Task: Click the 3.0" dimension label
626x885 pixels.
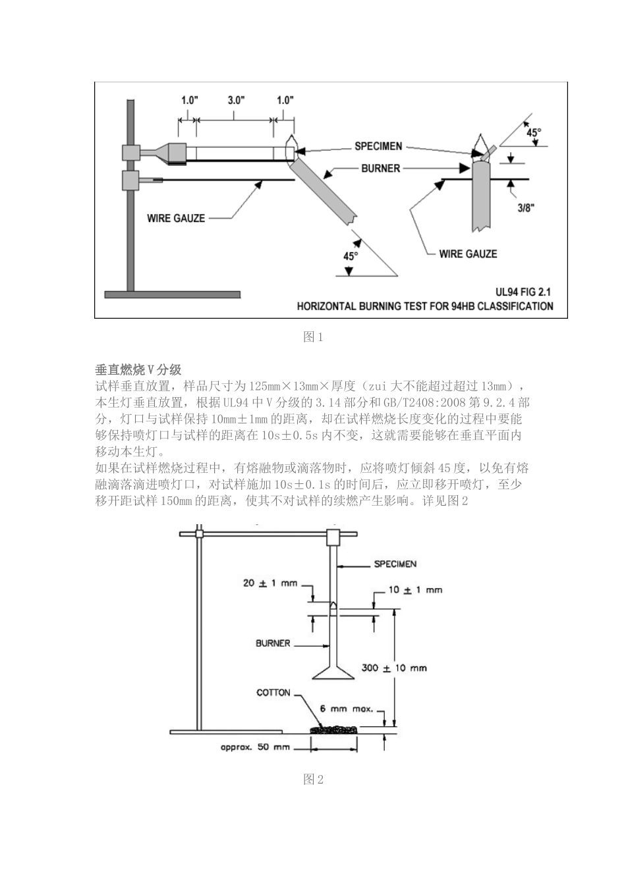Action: click(x=236, y=100)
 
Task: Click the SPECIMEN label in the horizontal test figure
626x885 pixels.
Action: click(x=378, y=146)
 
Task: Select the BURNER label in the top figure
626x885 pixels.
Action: click(x=380, y=169)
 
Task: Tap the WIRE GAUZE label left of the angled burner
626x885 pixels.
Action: click(x=176, y=218)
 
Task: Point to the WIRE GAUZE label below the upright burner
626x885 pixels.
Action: click(x=468, y=254)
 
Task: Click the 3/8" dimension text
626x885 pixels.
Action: click(x=525, y=208)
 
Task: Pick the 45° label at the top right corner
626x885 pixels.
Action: click(x=534, y=132)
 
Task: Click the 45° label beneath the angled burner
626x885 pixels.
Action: click(x=351, y=256)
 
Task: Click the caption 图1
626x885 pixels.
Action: click(x=313, y=337)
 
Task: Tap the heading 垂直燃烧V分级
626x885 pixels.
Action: click(x=138, y=369)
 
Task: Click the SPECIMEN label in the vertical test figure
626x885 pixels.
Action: click(x=395, y=564)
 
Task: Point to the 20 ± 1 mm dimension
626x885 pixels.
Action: click(x=270, y=583)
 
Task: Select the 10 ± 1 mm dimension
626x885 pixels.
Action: click(x=415, y=589)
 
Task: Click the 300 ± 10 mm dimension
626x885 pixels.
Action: click(x=394, y=668)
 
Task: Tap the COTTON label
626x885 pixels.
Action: click(x=273, y=692)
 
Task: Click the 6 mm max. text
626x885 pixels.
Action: click(x=347, y=709)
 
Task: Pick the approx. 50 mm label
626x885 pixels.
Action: click(x=255, y=747)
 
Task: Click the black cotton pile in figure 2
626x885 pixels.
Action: click(x=333, y=730)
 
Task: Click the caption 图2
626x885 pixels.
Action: click(x=313, y=780)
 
